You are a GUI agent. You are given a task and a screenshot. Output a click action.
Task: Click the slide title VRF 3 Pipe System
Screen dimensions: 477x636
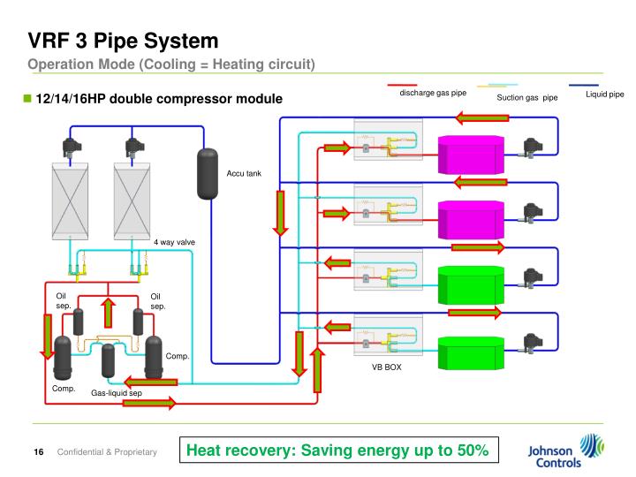tap(123, 40)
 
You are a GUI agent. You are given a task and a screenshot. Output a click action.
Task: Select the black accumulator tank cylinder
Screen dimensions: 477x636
tap(207, 173)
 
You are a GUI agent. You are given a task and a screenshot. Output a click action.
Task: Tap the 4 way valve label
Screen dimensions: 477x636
tap(174, 242)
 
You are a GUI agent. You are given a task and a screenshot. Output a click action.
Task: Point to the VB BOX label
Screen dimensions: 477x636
tap(386, 367)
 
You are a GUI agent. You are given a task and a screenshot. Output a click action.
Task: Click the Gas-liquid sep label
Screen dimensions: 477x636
tap(117, 393)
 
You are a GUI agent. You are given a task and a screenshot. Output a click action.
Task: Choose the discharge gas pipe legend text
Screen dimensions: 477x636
tap(433, 93)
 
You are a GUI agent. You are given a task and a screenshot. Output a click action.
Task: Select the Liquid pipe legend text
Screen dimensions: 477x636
tap(605, 93)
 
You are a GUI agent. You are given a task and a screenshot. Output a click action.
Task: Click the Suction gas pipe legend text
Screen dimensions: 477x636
tap(527, 97)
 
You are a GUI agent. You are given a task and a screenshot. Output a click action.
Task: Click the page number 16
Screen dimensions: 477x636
tap(39, 453)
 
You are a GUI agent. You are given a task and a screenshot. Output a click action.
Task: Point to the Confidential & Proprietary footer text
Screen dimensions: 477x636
tap(107, 453)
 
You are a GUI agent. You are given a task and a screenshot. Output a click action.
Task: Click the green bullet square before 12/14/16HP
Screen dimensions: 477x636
tap(26, 97)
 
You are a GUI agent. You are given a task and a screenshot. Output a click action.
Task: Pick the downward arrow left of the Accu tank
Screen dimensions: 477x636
tap(281, 213)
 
